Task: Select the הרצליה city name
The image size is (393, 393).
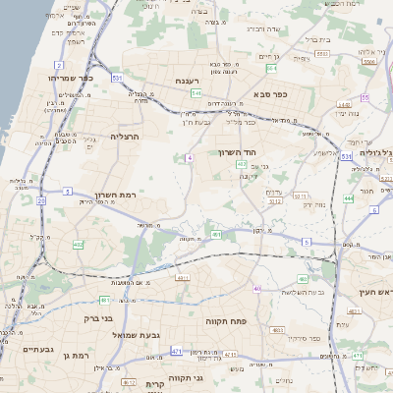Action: [126, 137]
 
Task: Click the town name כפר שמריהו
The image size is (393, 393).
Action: [68, 76]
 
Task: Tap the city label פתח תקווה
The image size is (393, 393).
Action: [225, 320]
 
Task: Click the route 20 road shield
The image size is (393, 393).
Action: [41, 199]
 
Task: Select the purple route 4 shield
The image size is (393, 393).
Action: [188, 157]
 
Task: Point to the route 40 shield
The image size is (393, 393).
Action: [257, 288]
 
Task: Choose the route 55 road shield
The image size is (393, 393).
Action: [364, 98]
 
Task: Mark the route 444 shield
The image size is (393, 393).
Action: [349, 198]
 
